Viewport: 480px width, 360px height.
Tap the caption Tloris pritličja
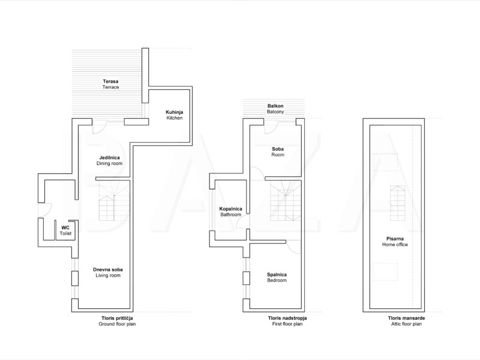pos(117,318)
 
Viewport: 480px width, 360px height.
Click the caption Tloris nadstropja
pos(287,318)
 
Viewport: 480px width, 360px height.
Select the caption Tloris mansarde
pos(406,318)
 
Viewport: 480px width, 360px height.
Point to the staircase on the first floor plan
pos(286,200)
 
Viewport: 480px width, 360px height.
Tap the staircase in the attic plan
pos(397,203)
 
